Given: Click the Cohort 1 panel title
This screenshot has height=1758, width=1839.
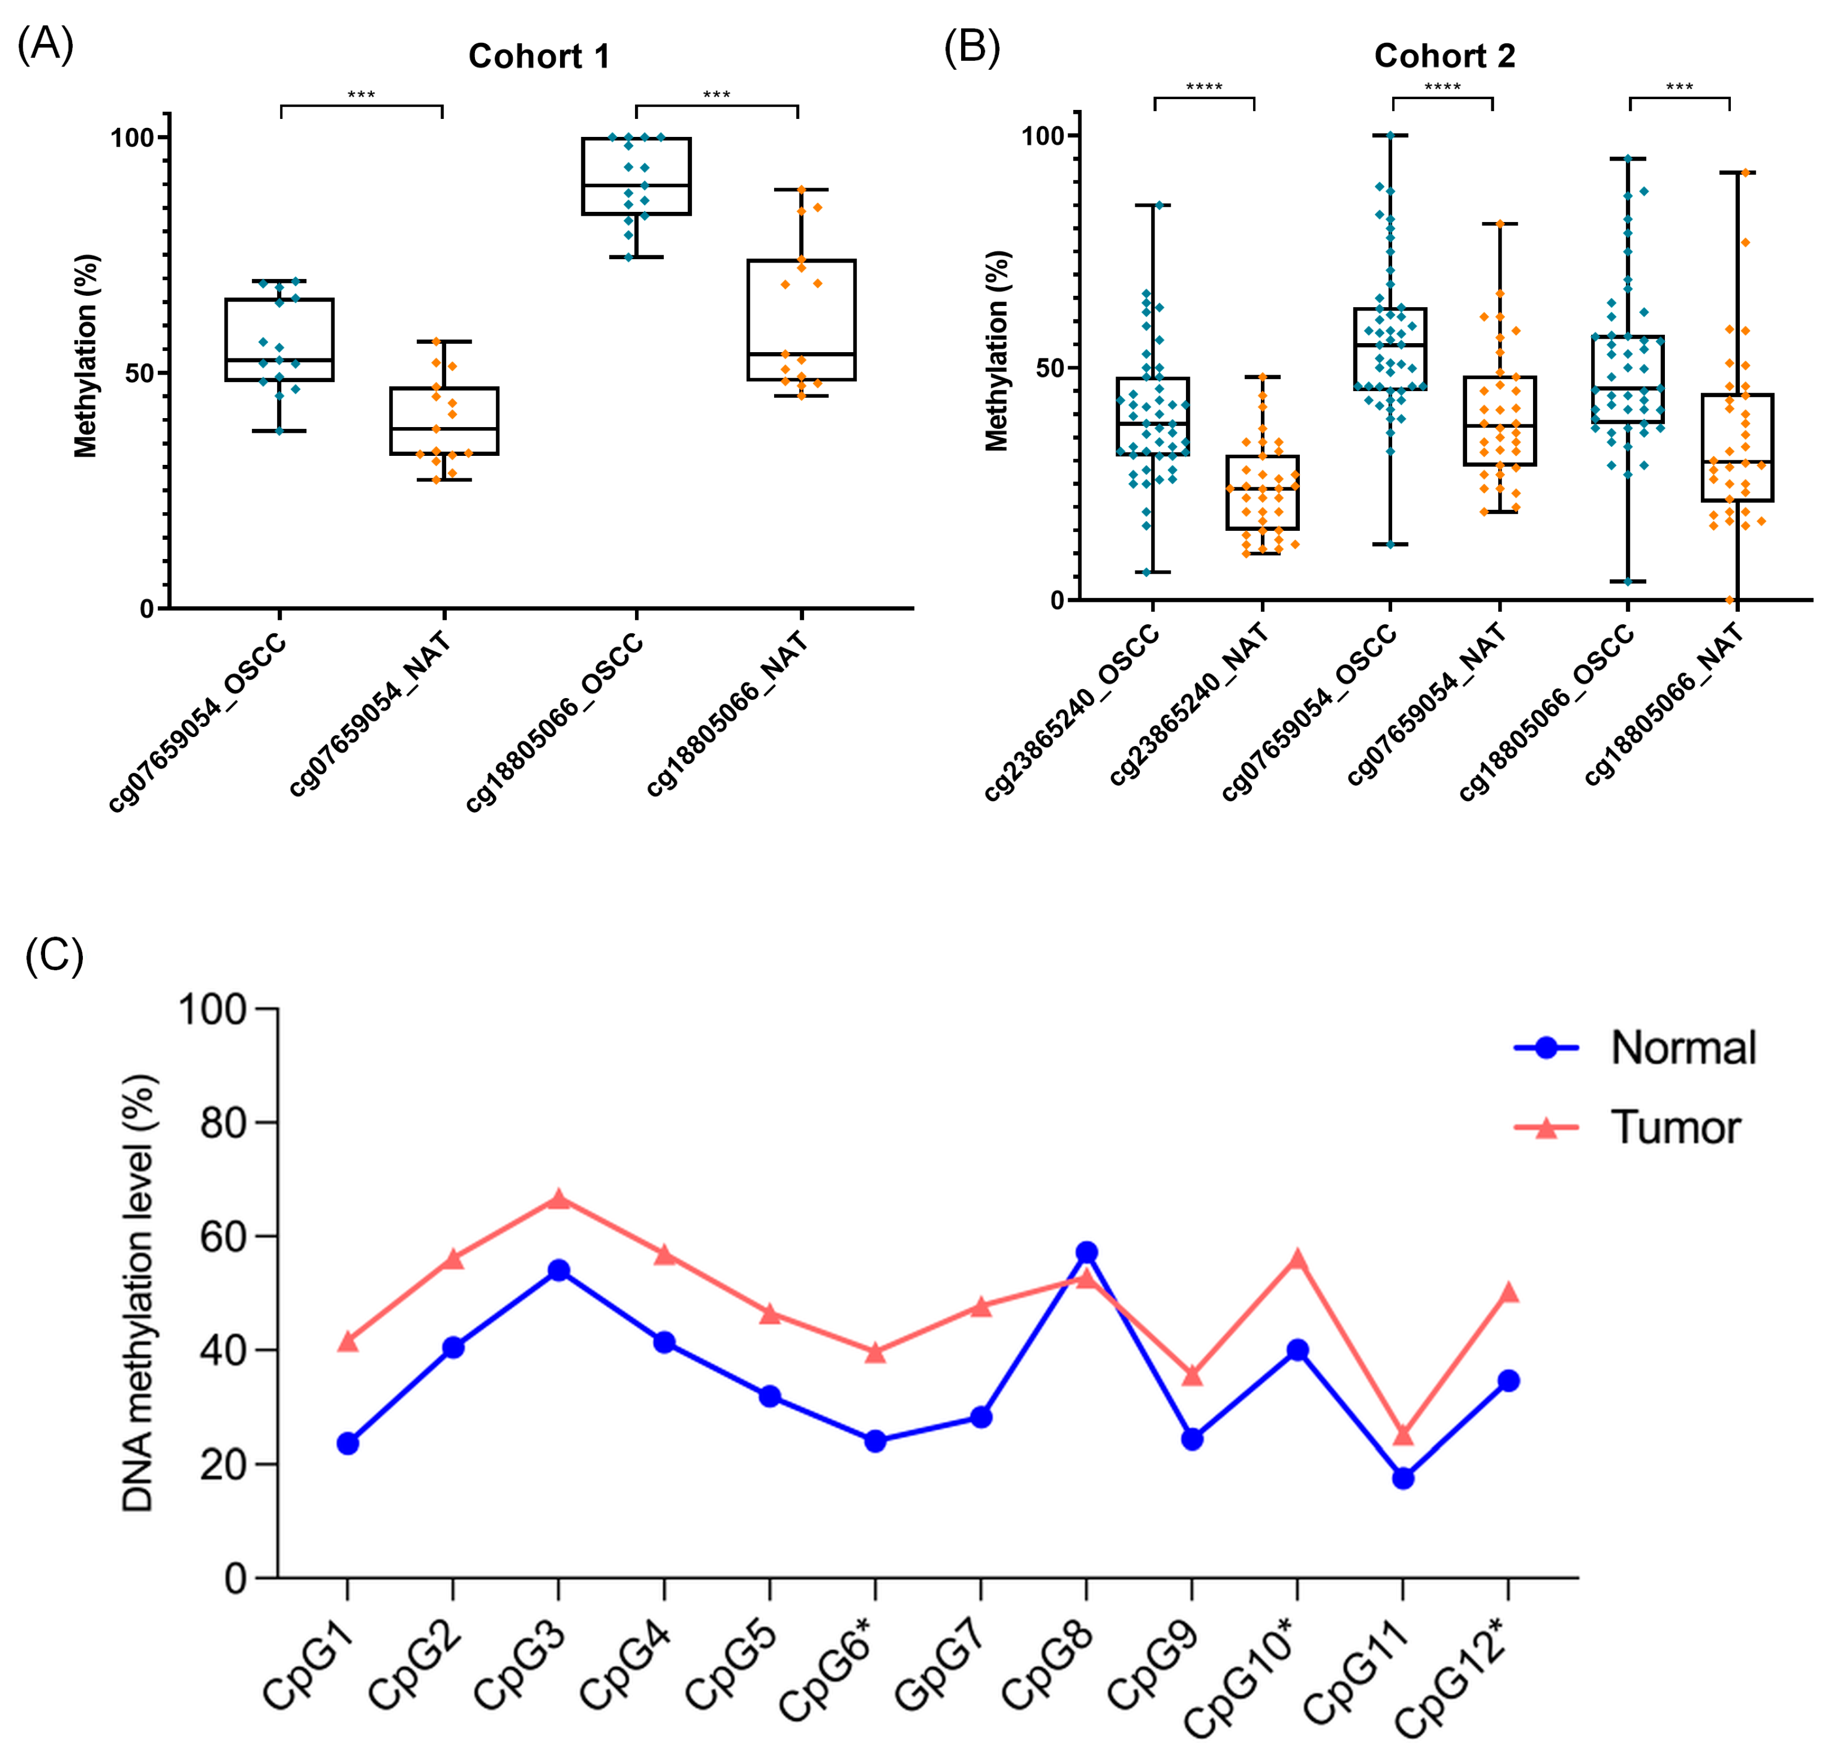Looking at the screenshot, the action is click(539, 56).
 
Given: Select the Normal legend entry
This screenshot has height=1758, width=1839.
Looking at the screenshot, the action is click(1635, 1047).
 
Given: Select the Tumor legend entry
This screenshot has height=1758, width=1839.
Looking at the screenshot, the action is click(1627, 1127).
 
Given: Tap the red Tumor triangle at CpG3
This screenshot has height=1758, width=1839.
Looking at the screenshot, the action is click(558, 1198).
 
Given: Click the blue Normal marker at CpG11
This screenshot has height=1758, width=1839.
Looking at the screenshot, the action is click(1402, 1478).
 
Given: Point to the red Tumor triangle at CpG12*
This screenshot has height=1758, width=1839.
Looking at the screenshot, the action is click(1508, 1293).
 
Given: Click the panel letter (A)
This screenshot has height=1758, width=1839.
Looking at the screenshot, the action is click(45, 43).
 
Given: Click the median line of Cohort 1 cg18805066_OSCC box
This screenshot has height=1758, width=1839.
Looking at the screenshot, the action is click(636, 185).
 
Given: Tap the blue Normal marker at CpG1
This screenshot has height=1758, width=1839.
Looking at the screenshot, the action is click(348, 1443).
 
